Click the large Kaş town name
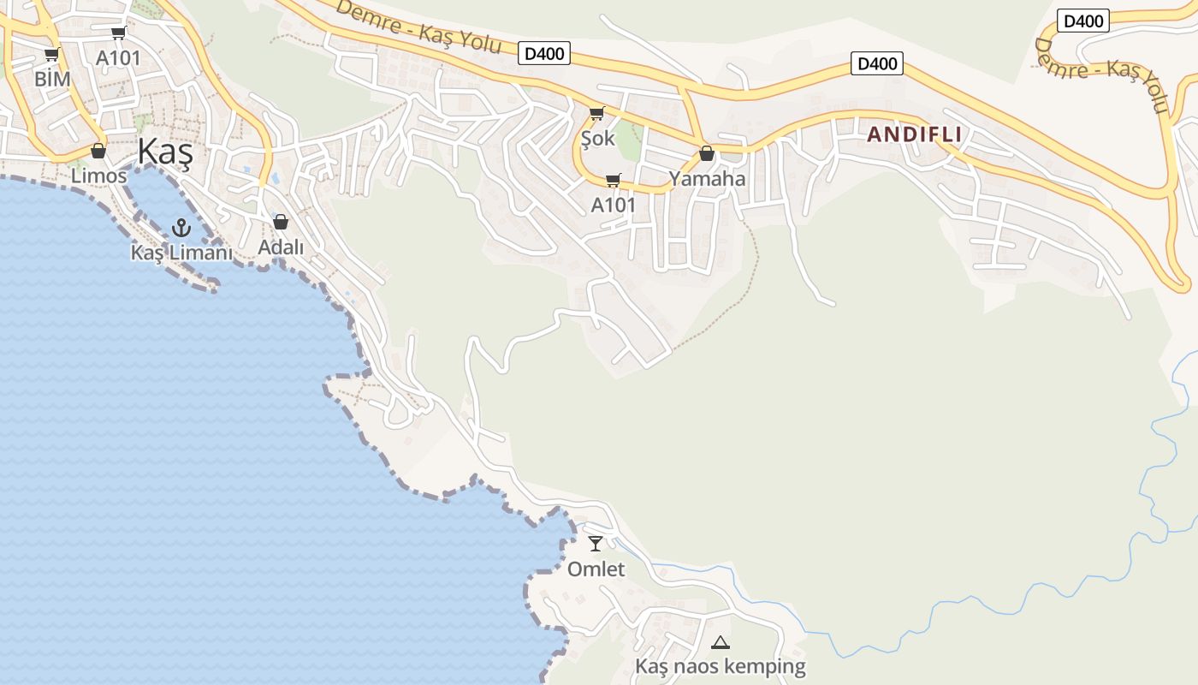[165, 154]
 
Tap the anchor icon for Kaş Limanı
[181, 227]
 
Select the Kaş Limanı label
[181, 253]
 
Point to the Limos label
[99, 176]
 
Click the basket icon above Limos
[98, 152]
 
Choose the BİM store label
[52, 79]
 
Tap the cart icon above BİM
[51, 55]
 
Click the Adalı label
[281, 247]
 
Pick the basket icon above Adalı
[281, 223]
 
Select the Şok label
[597, 138]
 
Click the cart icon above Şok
[597, 113]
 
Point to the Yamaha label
[707, 179]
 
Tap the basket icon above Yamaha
[707, 154]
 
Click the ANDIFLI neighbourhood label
[914, 134]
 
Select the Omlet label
[596, 569]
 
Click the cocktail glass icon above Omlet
[596, 544]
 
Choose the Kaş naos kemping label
[721, 666]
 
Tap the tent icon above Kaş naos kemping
[721, 642]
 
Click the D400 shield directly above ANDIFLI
[877, 63]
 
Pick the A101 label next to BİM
[118, 58]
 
